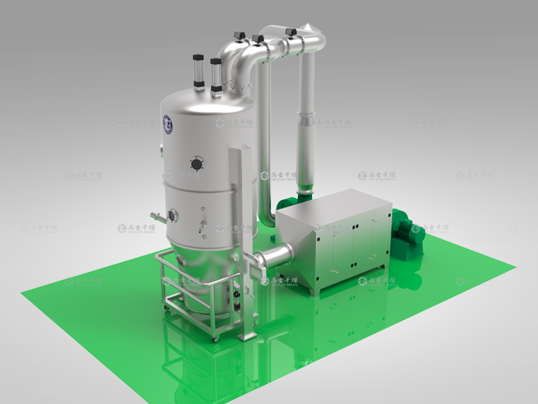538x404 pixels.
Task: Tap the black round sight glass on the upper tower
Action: (196, 164)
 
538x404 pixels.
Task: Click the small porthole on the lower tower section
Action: (173, 215)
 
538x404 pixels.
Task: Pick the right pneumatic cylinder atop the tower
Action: (215, 73)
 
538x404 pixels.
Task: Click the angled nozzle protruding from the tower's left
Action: (156, 216)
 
